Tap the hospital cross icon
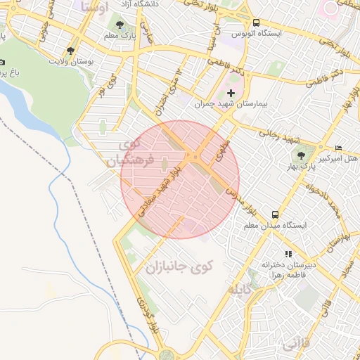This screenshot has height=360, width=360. (231, 94)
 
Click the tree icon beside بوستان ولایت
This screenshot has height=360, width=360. (70, 51)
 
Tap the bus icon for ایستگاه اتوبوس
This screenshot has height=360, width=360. (256, 22)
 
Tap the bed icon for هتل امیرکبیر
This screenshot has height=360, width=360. (339, 148)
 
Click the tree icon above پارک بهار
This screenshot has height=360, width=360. (302, 155)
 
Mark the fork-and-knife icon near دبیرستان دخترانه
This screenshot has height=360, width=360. (287, 254)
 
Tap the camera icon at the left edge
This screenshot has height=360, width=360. (3, 62)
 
